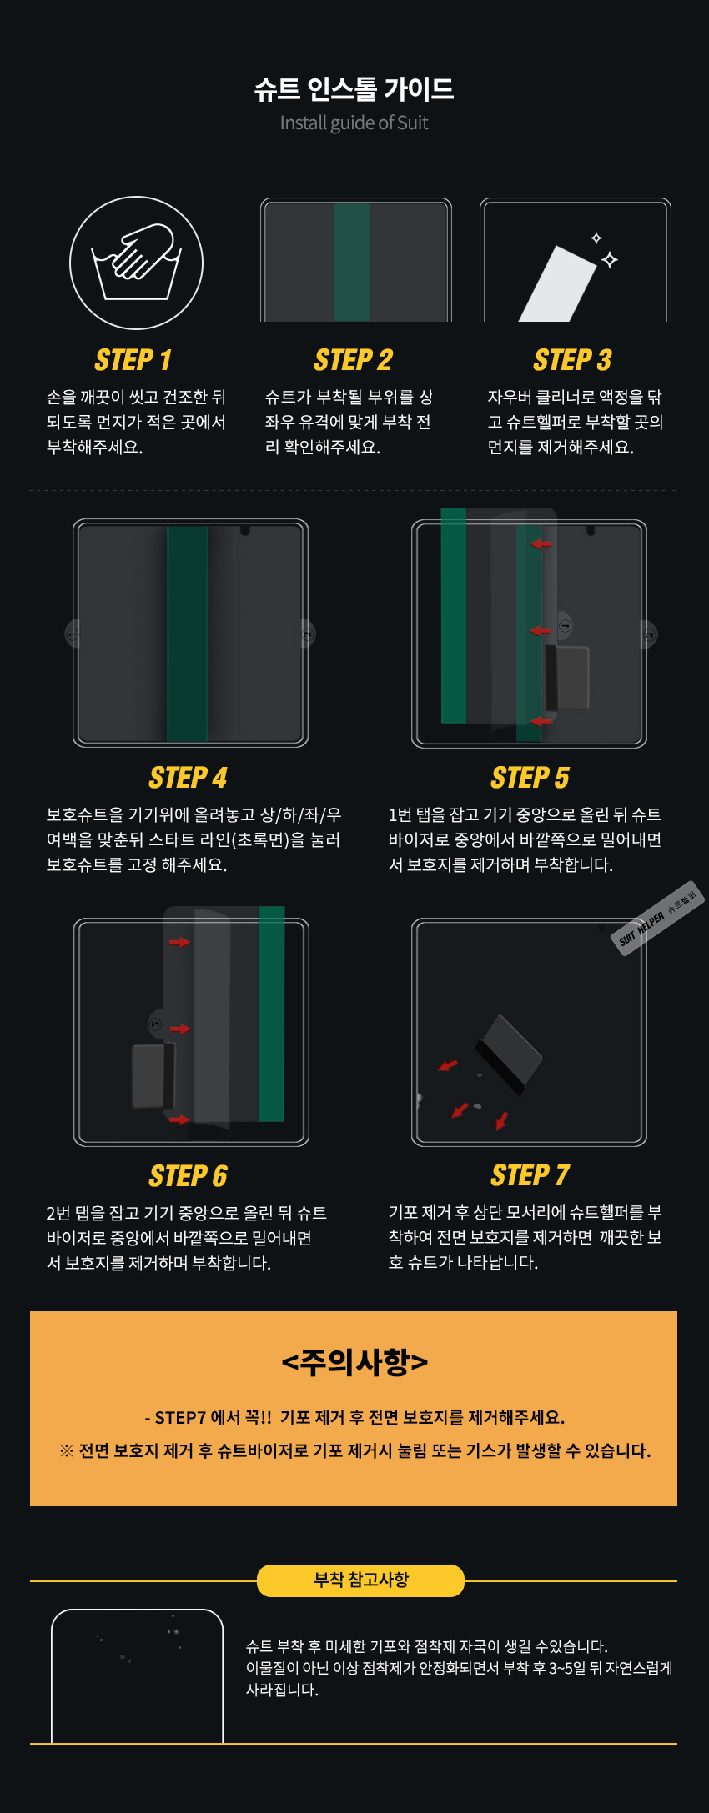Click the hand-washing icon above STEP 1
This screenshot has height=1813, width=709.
(136, 263)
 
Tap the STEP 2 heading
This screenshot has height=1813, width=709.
(354, 360)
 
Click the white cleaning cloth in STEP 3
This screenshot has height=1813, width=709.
(557, 283)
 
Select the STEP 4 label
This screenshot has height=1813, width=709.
(189, 778)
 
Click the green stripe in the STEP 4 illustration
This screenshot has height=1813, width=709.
(188, 634)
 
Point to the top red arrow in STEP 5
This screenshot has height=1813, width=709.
(541, 544)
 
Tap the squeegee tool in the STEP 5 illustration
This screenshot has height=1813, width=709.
(567, 677)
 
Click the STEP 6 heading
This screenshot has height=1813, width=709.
(189, 1176)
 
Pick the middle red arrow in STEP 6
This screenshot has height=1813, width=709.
(180, 1029)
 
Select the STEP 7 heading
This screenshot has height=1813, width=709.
(530, 1175)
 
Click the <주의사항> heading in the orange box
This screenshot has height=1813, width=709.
(354, 1362)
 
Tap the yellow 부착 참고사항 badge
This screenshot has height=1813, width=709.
(360, 1580)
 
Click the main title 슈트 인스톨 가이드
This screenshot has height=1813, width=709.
(354, 89)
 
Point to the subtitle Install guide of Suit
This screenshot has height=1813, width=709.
(354, 123)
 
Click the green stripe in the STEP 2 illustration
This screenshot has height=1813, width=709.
(352, 262)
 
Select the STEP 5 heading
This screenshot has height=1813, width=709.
(530, 778)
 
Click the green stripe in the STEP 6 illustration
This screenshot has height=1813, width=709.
(272, 1014)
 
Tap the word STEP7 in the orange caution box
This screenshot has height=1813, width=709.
(180, 1418)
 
